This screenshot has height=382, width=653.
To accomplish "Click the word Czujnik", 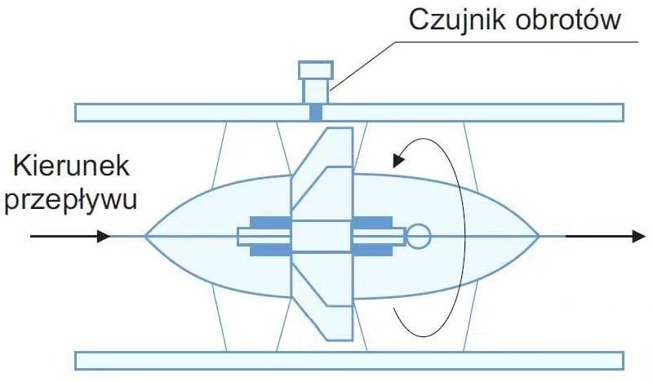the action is click(x=459, y=20).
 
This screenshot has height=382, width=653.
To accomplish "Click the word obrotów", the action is click(x=568, y=20).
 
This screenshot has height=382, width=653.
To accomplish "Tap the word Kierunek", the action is click(x=71, y=166).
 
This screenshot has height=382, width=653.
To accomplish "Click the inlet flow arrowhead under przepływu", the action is click(x=104, y=236).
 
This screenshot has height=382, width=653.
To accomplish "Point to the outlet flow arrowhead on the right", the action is click(x=639, y=236).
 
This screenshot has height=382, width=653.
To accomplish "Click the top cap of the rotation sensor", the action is click(x=316, y=70).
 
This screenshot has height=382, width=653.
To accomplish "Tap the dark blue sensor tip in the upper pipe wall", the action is click(x=316, y=113).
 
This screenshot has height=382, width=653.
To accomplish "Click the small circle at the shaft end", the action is click(x=418, y=236).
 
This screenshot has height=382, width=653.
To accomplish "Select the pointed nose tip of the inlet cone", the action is click(x=145, y=236).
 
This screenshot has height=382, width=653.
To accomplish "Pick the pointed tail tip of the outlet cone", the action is click(x=540, y=236).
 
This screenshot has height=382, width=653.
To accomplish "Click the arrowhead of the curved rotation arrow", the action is click(x=398, y=159).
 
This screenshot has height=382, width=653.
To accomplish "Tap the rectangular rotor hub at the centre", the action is click(x=322, y=236).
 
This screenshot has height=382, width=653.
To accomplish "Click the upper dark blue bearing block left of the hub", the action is click(x=270, y=222).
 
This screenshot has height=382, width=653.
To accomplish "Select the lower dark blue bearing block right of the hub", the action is click(x=372, y=250).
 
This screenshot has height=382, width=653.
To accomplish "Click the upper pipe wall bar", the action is click(x=349, y=113).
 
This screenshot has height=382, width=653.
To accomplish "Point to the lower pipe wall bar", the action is click(x=349, y=361).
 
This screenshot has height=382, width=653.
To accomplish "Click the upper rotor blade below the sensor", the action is click(x=322, y=174).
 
